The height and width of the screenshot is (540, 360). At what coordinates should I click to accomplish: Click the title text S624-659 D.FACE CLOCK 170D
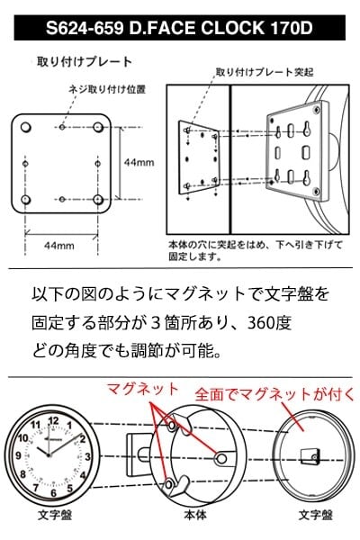[x=180, y=29]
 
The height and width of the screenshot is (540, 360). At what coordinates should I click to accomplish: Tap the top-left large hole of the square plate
[x=26, y=123]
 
